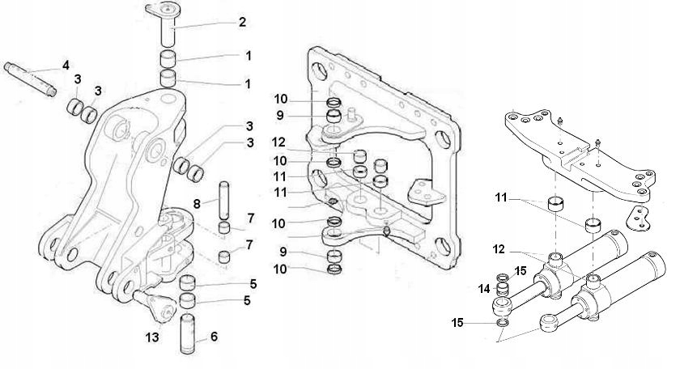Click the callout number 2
click(x=241, y=22)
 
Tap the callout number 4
click(x=66, y=65)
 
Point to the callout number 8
click(x=197, y=204)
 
